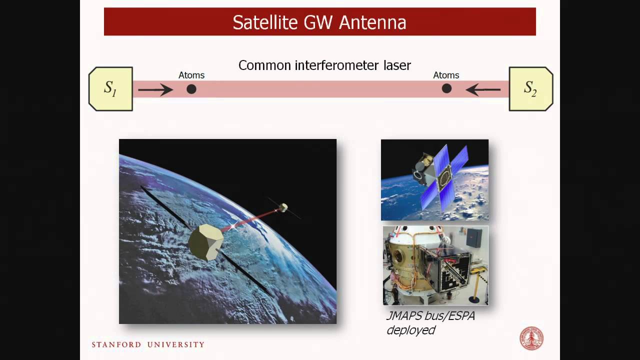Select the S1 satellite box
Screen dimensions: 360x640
(110, 88)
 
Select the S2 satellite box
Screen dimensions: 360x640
(530, 88)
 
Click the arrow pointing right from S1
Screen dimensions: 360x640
(155, 89)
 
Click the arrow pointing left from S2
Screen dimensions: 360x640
(483, 89)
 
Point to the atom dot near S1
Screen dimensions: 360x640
(191, 89)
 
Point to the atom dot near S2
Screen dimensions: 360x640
(446, 88)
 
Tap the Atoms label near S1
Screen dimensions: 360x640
(191, 75)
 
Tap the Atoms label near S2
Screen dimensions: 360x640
(446, 75)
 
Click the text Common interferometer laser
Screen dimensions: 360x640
(324, 65)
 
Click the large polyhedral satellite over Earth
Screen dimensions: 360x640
(205, 241)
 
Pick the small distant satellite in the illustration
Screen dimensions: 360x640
(283, 206)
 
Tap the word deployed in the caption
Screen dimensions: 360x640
(410, 330)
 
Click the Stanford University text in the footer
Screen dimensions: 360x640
(148, 344)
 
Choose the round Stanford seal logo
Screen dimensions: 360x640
(531, 338)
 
